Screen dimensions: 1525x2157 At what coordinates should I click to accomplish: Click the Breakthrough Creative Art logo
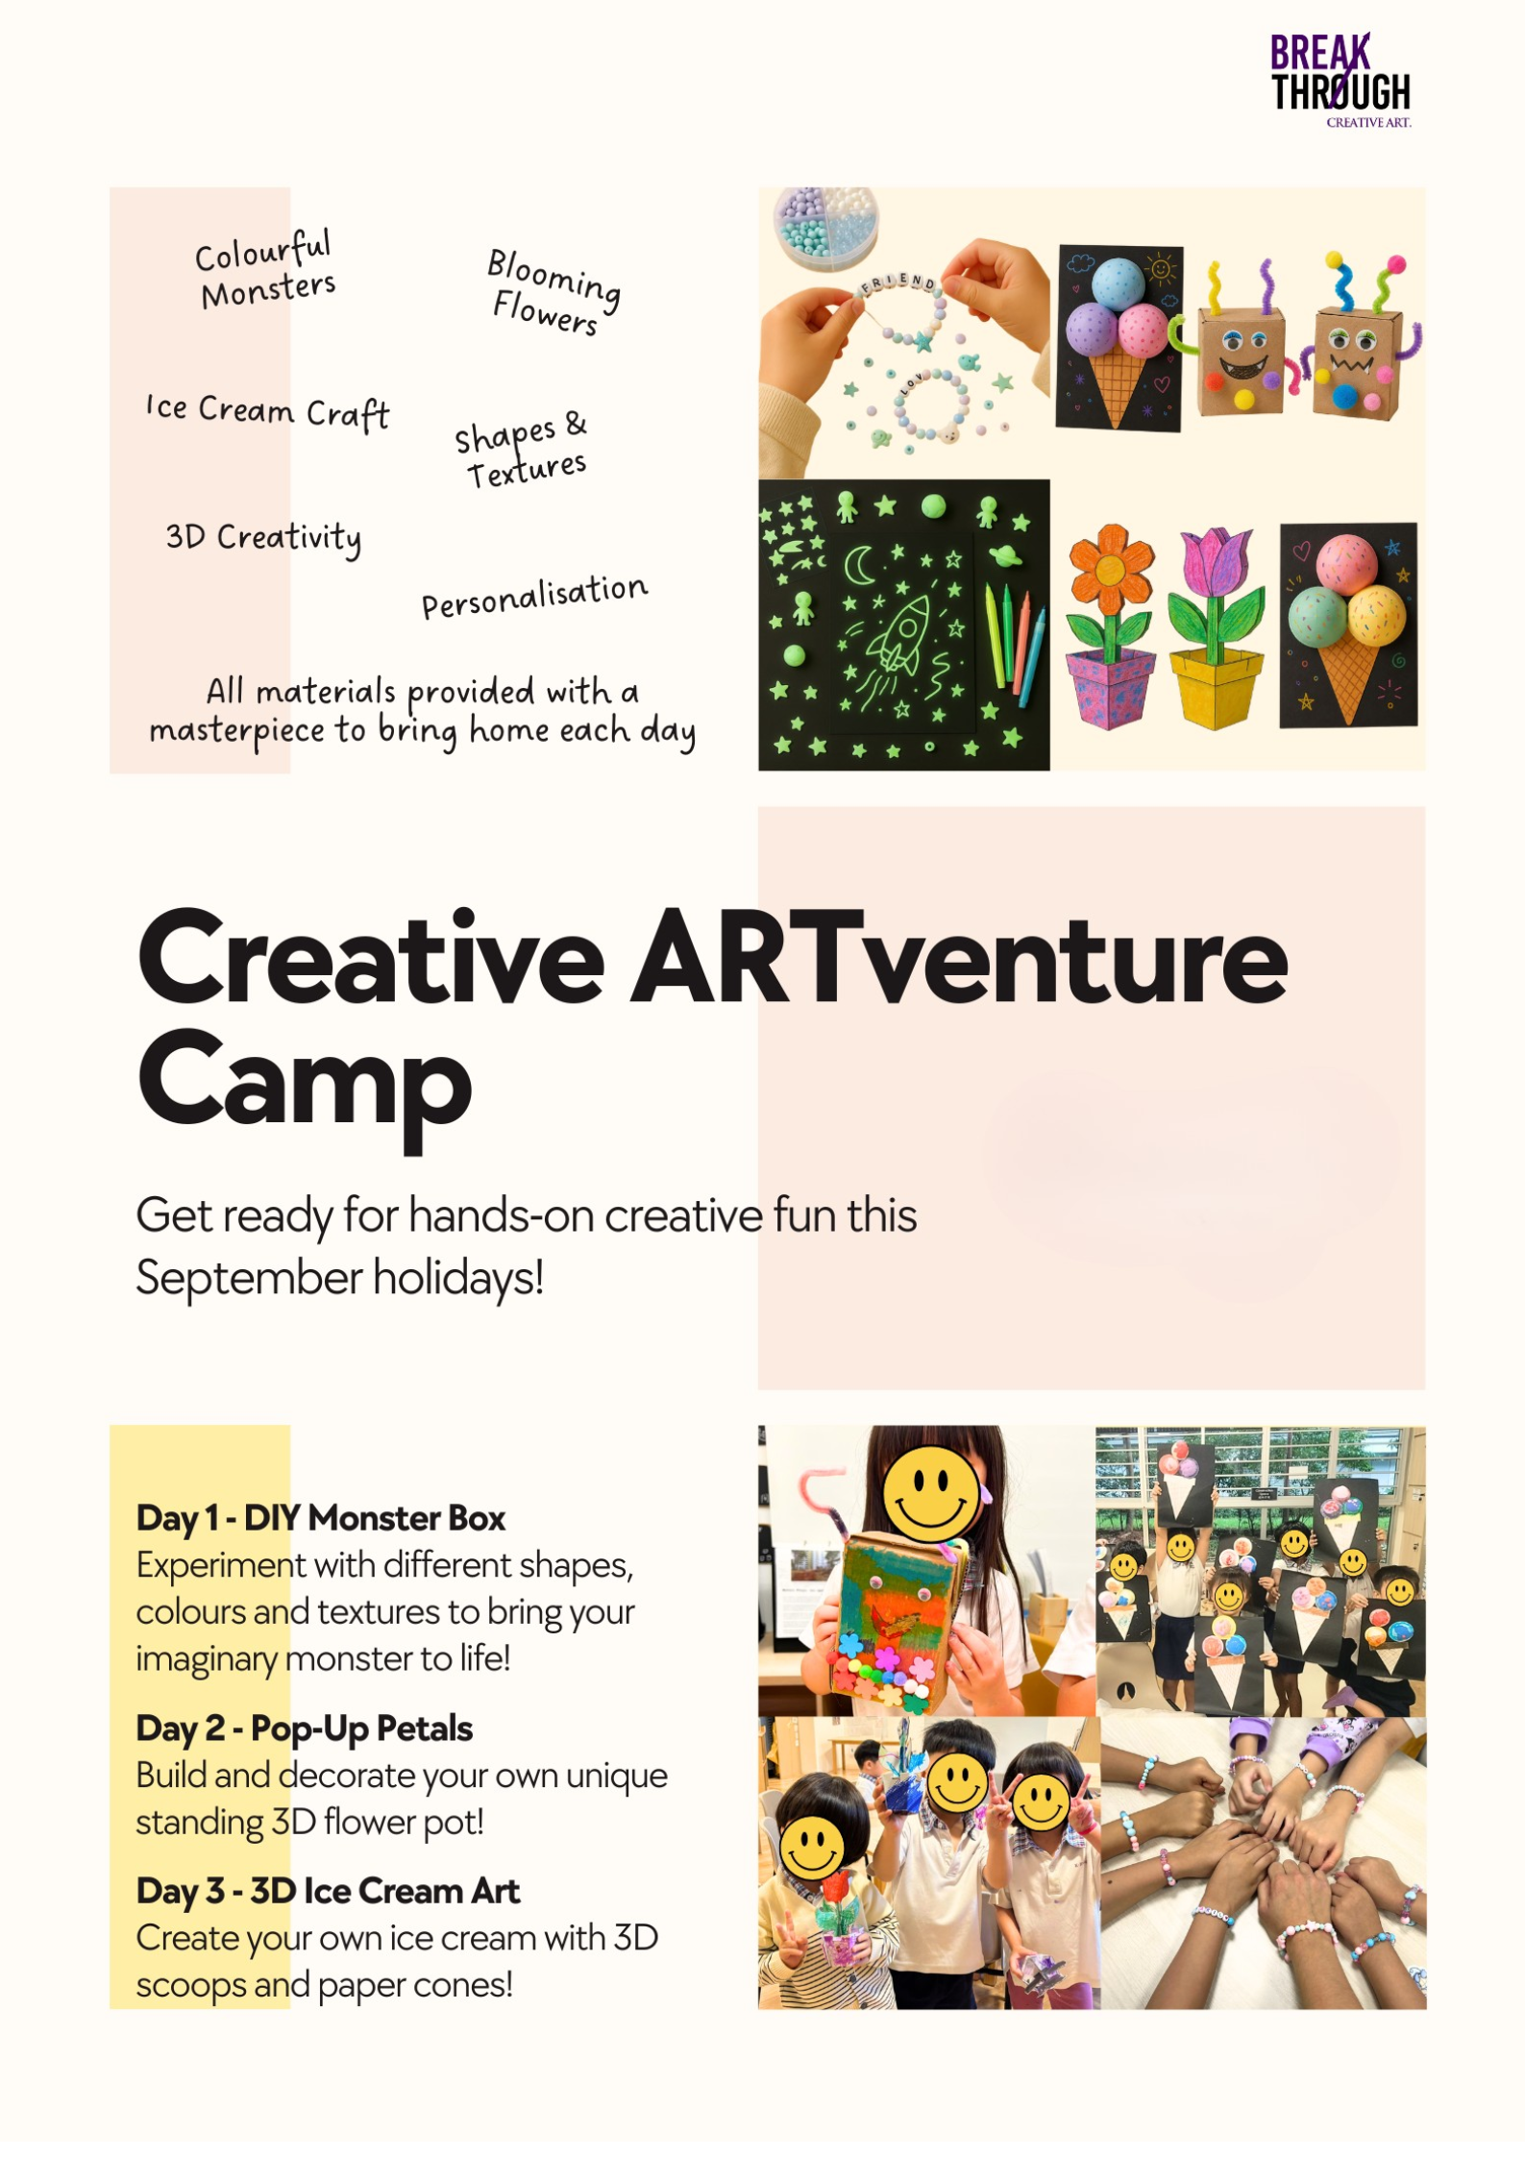(x=1341, y=81)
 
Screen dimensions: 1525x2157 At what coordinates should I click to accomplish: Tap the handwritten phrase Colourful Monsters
(x=265, y=270)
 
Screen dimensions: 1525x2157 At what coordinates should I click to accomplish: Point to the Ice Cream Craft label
(x=268, y=411)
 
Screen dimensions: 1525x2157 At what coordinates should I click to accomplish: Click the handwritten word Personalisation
(x=534, y=596)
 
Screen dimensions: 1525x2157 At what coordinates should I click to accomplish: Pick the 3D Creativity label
(x=264, y=538)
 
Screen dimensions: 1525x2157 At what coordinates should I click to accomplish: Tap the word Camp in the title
(x=305, y=1088)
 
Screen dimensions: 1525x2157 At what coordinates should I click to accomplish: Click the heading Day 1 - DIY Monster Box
(x=321, y=1518)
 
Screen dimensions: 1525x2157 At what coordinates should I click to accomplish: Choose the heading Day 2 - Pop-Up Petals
(x=304, y=1728)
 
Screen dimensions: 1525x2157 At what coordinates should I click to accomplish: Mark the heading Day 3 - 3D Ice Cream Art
(x=328, y=1891)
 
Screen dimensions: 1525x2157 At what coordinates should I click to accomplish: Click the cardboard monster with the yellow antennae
(x=1240, y=341)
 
